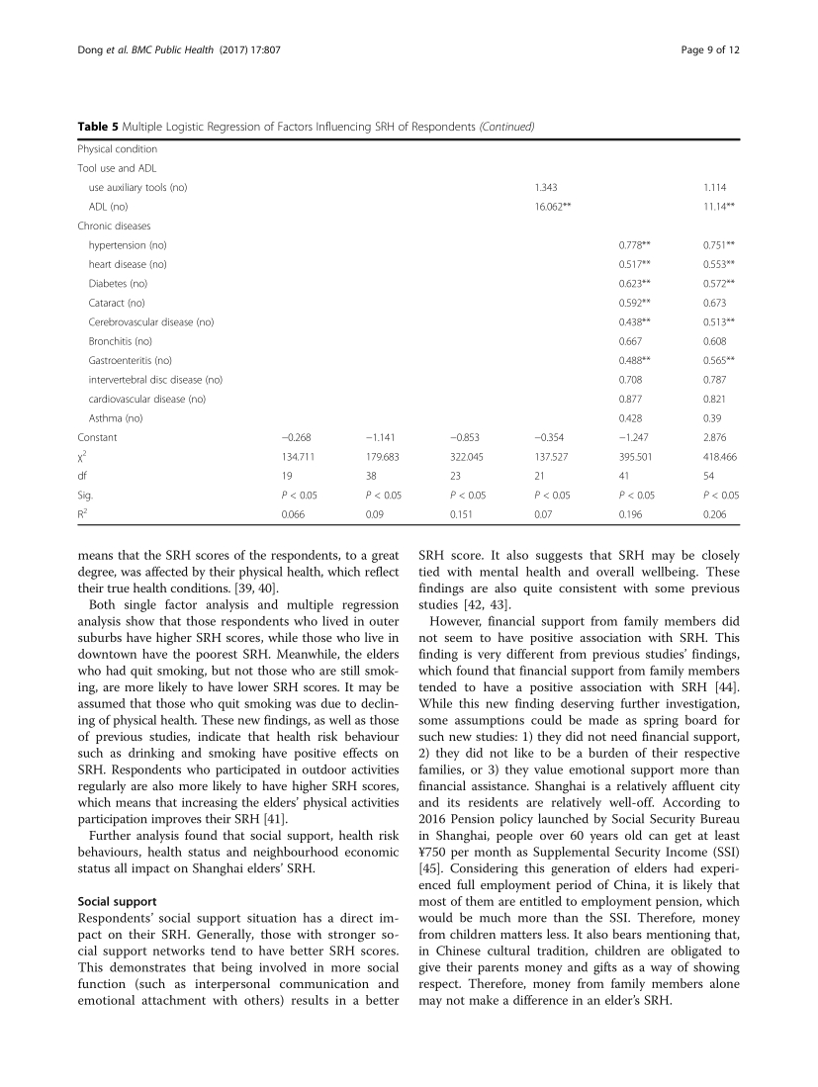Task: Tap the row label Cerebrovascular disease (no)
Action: click(150, 321)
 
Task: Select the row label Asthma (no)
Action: click(116, 417)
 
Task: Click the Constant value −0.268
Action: click(296, 437)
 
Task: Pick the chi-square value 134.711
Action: click(300, 456)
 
